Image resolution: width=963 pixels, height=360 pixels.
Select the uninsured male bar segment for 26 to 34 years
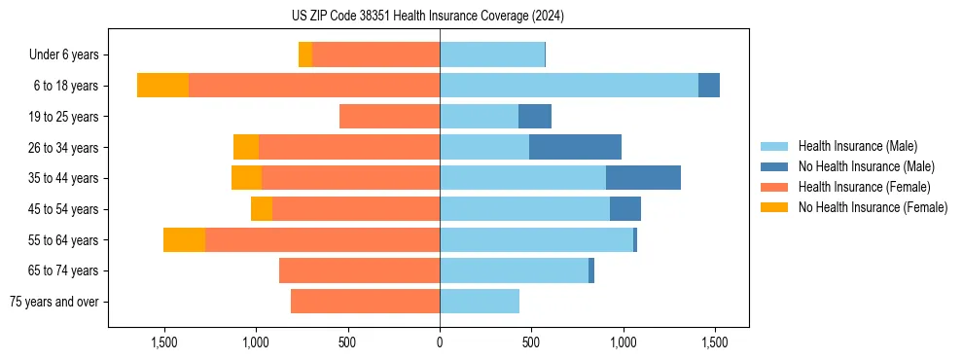click(x=575, y=147)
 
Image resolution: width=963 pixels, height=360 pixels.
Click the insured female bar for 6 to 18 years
click(x=314, y=86)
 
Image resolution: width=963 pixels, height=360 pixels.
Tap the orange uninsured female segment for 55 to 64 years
click(x=184, y=239)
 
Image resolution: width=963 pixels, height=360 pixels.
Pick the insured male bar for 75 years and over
click(x=480, y=302)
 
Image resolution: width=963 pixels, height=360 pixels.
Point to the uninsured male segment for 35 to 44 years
click(x=643, y=178)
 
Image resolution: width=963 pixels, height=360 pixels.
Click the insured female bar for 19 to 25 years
click(x=389, y=117)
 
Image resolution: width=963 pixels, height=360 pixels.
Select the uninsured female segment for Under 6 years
click(x=304, y=54)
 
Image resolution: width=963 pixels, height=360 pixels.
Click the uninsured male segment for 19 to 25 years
click(x=535, y=117)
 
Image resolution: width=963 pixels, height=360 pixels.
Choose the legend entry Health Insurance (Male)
click(x=857, y=146)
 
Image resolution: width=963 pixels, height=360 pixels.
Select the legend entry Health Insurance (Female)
click(x=861, y=187)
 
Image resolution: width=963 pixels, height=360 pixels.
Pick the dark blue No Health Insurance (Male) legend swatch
click(x=775, y=166)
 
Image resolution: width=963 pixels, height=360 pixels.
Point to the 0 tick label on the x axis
click(x=440, y=342)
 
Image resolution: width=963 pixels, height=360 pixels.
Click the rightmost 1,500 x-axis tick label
click(x=715, y=342)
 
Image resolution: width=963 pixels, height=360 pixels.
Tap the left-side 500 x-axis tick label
click(x=347, y=342)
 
